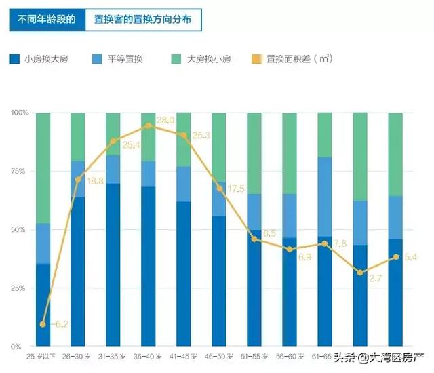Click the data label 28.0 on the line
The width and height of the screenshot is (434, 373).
(165, 121)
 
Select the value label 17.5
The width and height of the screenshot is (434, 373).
(236, 189)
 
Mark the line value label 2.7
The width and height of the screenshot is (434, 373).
(376, 278)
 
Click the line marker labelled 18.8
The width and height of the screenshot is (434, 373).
(78, 180)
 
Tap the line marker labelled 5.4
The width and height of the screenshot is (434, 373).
(396, 257)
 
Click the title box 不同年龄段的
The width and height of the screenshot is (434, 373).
(46, 19)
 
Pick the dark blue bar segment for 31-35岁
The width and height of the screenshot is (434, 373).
(113, 264)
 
